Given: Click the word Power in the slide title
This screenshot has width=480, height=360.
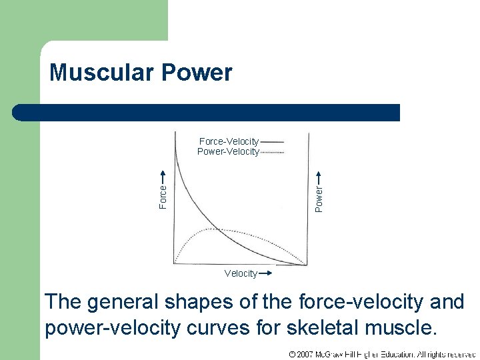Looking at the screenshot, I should point(199,72).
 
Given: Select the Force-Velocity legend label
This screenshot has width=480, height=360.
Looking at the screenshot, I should point(229,141).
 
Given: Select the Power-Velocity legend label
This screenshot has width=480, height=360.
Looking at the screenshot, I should point(228,151).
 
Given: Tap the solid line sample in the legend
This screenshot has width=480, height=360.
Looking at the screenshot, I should point(272,142).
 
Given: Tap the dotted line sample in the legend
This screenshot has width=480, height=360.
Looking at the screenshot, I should point(272,152).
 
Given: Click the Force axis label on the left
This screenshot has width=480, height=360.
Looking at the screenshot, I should point(163,197).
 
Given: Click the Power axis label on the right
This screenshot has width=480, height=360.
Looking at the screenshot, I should point(319,199).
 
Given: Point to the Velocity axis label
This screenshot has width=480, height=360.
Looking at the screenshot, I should point(241,273).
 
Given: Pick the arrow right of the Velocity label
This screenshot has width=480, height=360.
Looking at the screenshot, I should point(265,273).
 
